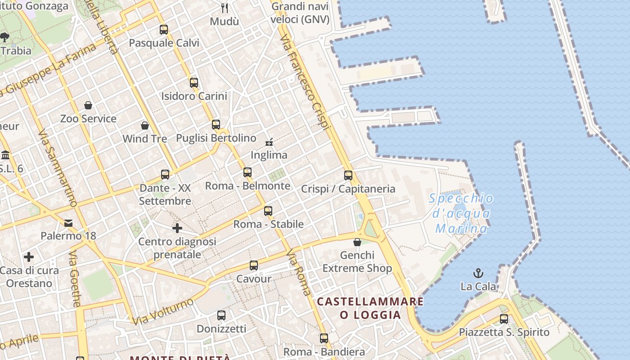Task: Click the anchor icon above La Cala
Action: coord(478,273)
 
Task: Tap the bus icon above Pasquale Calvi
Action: coord(164,30)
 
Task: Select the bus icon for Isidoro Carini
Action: coord(194,83)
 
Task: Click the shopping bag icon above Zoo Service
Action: coord(88,105)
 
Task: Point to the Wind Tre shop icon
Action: coord(145,125)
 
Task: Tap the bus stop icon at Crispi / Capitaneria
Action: coord(348,175)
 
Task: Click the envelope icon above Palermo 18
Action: coord(68,223)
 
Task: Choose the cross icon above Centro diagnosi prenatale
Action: coord(177,228)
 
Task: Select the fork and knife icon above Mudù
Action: coord(225,8)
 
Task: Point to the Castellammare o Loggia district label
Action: coord(370,308)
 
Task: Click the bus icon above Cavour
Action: coord(254,265)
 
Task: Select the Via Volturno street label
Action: coord(163,311)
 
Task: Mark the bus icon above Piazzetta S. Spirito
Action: coord(504,319)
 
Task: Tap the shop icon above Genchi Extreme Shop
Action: coord(357,242)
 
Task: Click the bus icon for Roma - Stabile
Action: coord(268,211)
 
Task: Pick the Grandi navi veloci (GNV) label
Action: coord(300,13)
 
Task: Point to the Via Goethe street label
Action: coord(75,279)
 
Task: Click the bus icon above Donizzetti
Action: coord(221,315)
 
